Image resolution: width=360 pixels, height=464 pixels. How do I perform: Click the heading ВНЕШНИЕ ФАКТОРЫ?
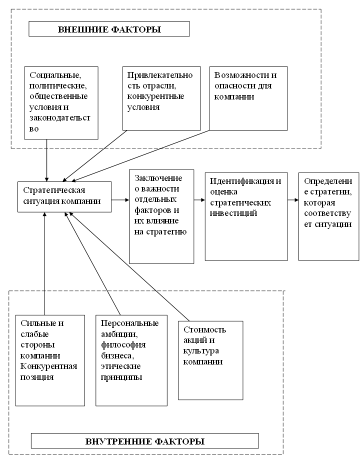click(x=109, y=29)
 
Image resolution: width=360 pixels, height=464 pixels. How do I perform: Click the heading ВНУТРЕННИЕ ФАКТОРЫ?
click(x=145, y=441)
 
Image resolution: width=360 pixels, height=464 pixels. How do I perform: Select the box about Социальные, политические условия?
click(x=61, y=102)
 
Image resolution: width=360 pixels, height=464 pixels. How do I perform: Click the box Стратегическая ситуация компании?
click(x=64, y=196)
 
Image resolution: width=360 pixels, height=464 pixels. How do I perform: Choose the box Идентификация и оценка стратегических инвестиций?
click(x=246, y=216)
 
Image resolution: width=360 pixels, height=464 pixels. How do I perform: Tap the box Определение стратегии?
click(x=328, y=216)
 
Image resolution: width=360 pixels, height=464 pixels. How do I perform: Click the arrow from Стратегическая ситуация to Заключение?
click(x=120, y=200)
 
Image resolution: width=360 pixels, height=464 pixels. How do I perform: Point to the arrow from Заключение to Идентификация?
click(x=199, y=200)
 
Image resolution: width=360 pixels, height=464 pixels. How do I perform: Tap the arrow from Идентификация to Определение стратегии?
click(x=293, y=200)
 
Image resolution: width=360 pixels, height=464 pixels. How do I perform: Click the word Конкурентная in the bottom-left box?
click(x=48, y=366)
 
